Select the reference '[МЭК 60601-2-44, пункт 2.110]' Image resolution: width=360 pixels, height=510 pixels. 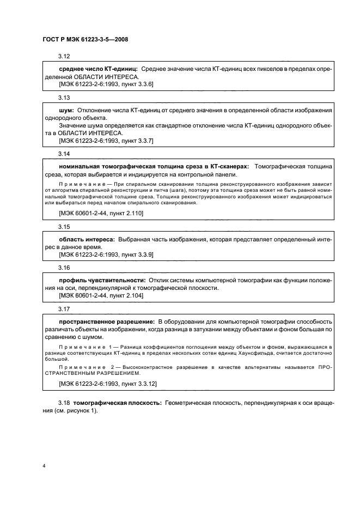click(100, 214)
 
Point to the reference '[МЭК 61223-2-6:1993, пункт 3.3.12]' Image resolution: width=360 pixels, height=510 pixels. click(107, 384)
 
